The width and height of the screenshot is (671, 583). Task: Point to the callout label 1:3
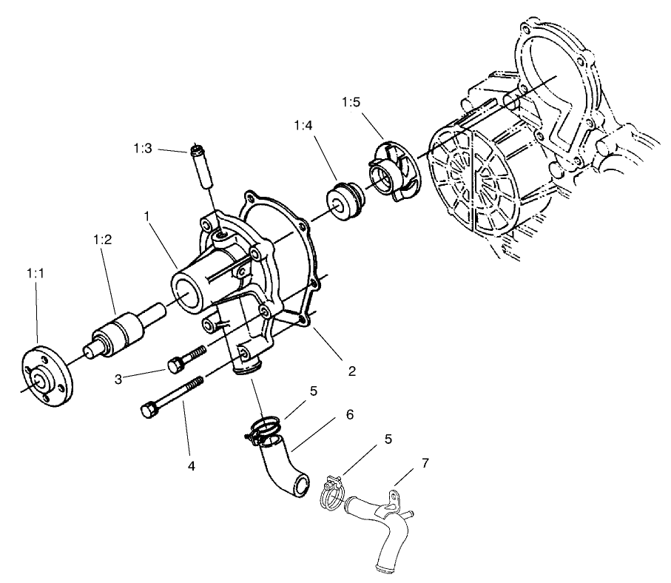(143, 149)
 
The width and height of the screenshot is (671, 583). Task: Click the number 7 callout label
(425, 463)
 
